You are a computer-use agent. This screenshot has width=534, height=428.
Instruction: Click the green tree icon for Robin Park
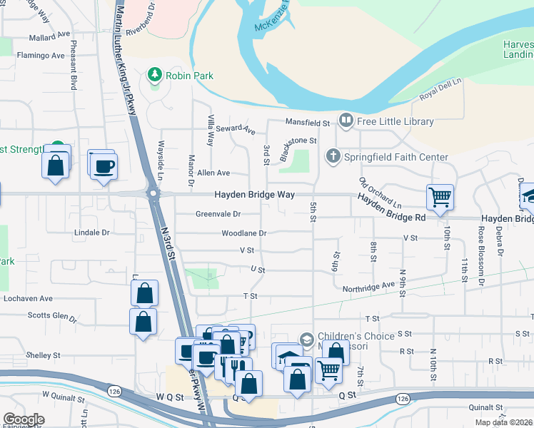[x=153, y=75]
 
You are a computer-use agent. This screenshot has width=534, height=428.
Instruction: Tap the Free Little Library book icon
[x=346, y=121]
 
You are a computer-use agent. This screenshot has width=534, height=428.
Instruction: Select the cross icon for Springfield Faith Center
[x=333, y=156]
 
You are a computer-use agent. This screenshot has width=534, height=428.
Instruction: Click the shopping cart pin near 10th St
[x=440, y=196]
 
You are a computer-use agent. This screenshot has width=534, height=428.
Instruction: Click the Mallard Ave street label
[x=50, y=35]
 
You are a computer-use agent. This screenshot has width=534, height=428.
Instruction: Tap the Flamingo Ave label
[x=41, y=55]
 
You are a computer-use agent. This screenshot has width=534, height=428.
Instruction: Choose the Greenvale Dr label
[x=218, y=214]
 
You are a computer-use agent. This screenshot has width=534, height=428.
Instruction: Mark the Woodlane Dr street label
[x=243, y=233]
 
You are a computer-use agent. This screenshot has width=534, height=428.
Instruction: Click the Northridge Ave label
[x=368, y=285]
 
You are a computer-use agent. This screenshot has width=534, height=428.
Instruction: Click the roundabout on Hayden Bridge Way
[x=152, y=193]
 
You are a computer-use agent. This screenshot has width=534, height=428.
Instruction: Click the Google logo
[x=24, y=419]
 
